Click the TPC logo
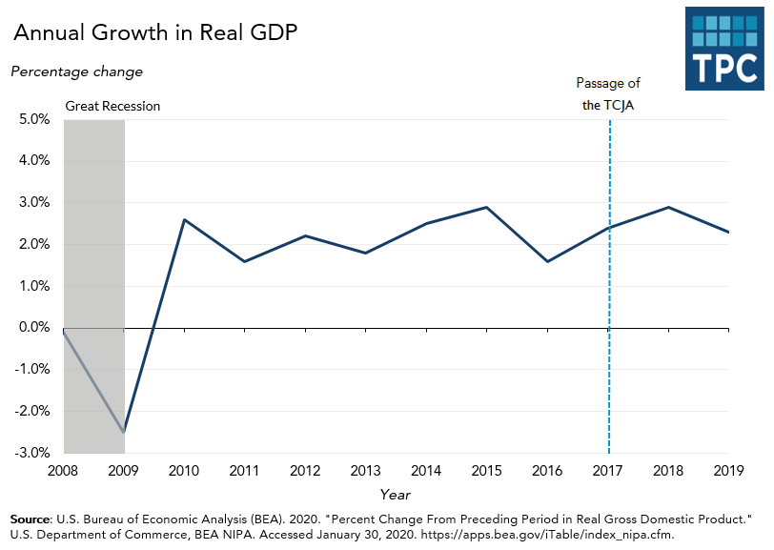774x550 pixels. click(723, 50)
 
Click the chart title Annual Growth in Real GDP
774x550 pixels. click(155, 32)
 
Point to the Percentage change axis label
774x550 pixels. click(76, 71)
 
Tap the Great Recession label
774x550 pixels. click(112, 106)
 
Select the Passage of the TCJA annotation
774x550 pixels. click(608, 95)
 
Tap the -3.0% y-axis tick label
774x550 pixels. click(31, 453)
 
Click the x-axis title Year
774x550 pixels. click(395, 495)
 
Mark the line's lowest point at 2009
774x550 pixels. click(124, 432)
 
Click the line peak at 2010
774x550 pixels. click(184, 219)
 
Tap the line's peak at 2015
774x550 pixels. click(488, 207)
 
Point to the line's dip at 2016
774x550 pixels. click(548, 261)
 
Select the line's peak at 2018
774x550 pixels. click(669, 207)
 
